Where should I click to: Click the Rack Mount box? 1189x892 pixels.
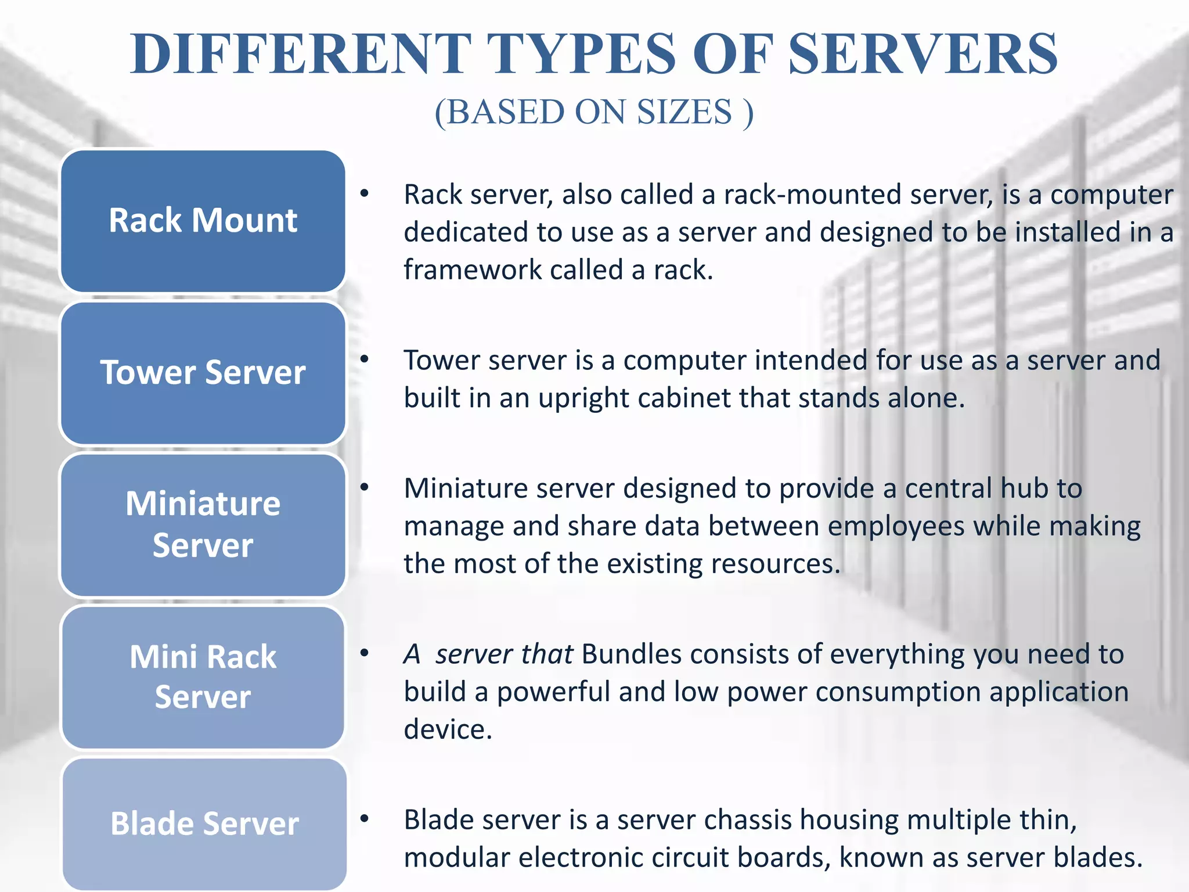pyautogui.click(x=203, y=221)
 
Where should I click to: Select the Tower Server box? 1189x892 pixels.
pyautogui.click(x=203, y=373)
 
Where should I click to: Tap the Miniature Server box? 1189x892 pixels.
pyautogui.click(x=203, y=524)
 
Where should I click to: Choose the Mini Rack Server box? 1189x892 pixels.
pyautogui.click(x=203, y=677)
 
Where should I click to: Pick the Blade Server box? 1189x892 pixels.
pyautogui.click(x=204, y=823)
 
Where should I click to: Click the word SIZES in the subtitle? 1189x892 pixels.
pyautogui.click(x=684, y=111)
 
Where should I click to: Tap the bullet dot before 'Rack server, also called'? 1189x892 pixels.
pyautogui.click(x=364, y=193)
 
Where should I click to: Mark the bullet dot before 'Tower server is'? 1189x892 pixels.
pyautogui.click(x=364, y=359)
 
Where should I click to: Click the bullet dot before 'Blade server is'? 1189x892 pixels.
pyautogui.click(x=364, y=819)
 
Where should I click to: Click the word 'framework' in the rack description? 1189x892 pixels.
pyautogui.click(x=473, y=270)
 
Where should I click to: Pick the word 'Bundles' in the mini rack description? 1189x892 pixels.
pyautogui.click(x=631, y=654)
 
